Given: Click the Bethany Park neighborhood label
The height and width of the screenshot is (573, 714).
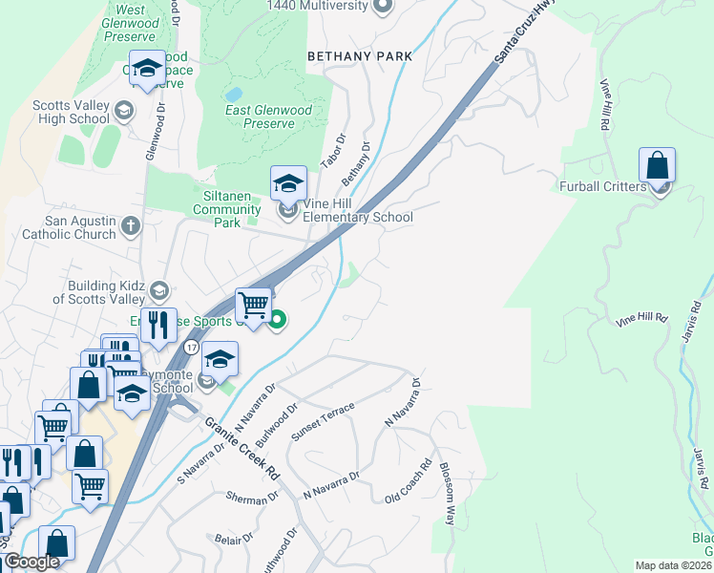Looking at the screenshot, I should pos(360,56).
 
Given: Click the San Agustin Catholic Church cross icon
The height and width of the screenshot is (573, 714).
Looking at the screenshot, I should pos(131,226).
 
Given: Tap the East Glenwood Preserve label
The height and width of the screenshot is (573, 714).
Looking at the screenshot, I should pos(268,117).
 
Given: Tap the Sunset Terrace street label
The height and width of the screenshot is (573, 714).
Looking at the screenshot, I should pos(323,421).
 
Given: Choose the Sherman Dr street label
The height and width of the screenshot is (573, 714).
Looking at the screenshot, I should pos(251,498).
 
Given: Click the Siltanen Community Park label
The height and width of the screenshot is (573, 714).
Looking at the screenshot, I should pos(227,209).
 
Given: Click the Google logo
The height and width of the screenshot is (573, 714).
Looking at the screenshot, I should pos(31,562).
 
